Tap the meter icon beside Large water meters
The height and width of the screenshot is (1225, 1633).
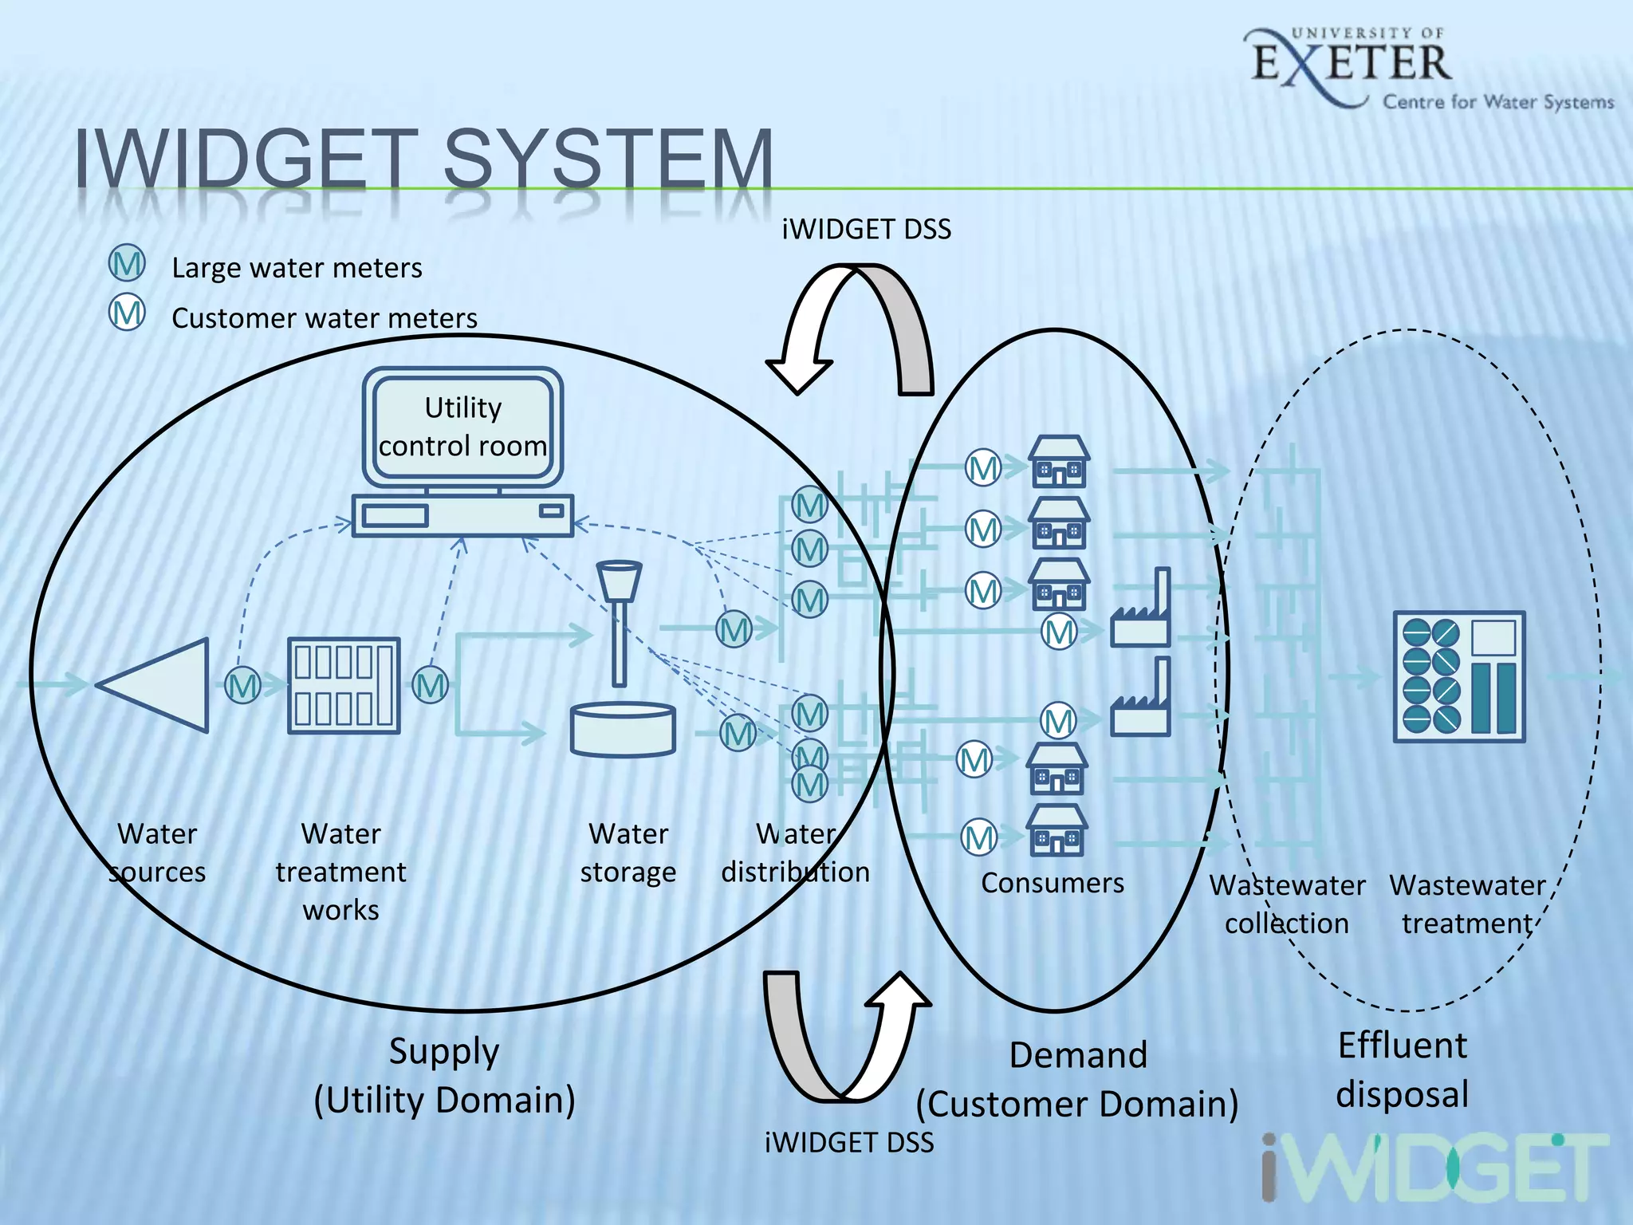[x=127, y=264]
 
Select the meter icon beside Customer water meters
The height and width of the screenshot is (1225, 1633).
[x=127, y=313]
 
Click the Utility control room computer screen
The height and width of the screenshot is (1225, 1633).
[x=462, y=426]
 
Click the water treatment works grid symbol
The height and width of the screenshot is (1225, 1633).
[x=344, y=685]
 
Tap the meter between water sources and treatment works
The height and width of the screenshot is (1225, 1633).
[x=242, y=686]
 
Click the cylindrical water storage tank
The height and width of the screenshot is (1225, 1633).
[x=623, y=728]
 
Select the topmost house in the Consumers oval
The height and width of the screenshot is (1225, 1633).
[x=1059, y=462]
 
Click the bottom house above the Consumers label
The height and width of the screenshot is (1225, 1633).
[x=1057, y=830]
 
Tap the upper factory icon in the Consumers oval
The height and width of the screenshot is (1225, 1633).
[x=1142, y=610]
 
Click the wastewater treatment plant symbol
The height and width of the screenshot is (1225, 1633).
[x=1458, y=676]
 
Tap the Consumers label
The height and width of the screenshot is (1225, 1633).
[x=1053, y=883]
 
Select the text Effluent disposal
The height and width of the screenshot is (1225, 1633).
[x=1403, y=1069]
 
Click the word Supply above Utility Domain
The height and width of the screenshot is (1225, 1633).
[x=444, y=1051]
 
